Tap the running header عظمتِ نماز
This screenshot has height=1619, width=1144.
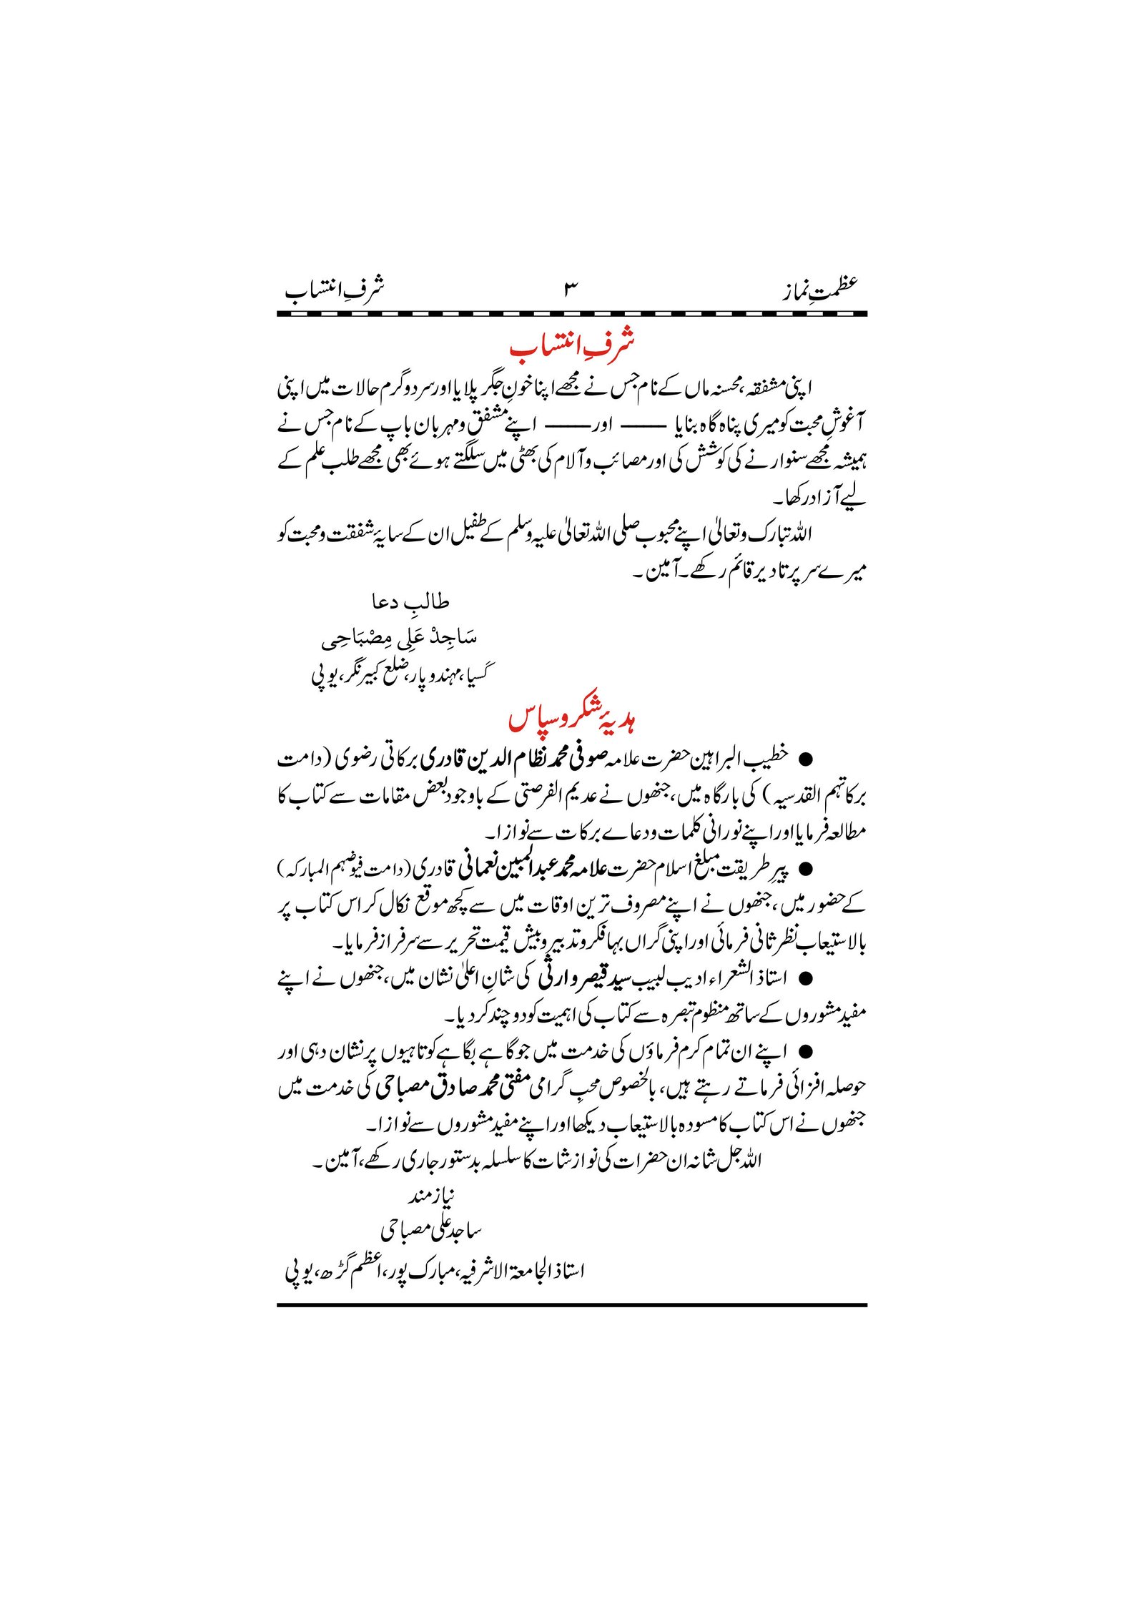(x=819, y=289)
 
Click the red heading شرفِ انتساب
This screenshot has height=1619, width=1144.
(x=572, y=346)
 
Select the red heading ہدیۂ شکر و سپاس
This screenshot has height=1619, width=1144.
(x=572, y=719)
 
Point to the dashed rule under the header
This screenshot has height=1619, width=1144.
(x=572, y=313)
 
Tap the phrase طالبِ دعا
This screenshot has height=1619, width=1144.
(x=410, y=603)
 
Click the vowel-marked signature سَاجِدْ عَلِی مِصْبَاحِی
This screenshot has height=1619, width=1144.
(x=399, y=638)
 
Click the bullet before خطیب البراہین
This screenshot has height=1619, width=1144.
(x=806, y=758)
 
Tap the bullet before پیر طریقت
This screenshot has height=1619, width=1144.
(x=806, y=869)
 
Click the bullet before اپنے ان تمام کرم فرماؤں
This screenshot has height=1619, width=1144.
(x=806, y=1053)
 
